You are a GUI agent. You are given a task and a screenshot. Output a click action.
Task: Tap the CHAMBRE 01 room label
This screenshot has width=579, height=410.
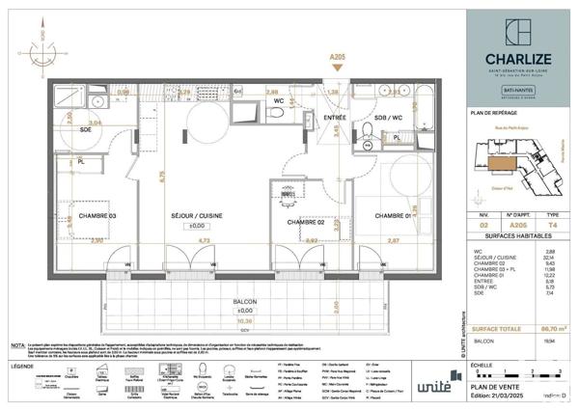pyautogui.click(x=393, y=214)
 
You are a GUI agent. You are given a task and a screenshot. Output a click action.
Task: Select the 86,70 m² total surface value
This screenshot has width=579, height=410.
pyautogui.click(x=553, y=329)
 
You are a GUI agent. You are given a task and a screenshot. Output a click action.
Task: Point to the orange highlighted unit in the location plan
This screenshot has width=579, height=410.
pyautogui.click(x=501, y=166)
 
